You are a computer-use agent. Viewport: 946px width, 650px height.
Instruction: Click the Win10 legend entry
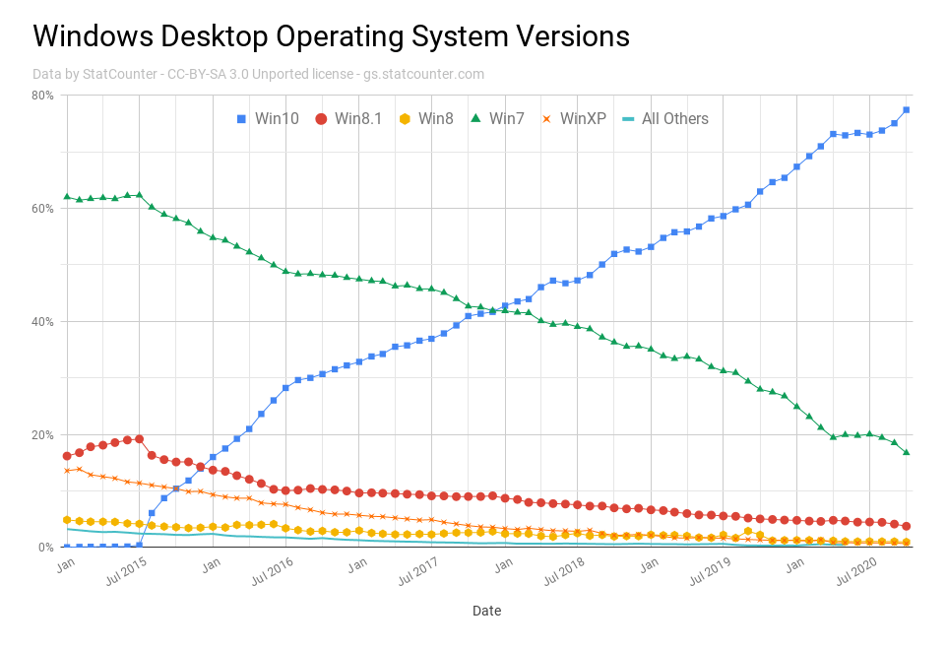click(x=269, y=119)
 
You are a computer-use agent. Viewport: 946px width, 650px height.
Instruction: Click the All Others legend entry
click(x=666, y=119)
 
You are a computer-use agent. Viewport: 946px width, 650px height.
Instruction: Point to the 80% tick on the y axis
click(x=42, y=96)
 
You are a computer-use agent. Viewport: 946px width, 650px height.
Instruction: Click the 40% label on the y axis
click(x=42, y=322)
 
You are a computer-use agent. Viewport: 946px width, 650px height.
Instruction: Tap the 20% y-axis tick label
click(x=42, y=435)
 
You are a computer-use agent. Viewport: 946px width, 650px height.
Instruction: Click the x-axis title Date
click(x=486, y=611)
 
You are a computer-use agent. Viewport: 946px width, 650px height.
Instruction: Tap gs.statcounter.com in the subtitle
click(x=423, y=74)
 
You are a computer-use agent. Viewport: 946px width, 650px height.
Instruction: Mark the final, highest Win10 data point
click(x=906, y=109)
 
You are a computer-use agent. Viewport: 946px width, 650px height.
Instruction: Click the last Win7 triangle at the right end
click(x=906, y=452)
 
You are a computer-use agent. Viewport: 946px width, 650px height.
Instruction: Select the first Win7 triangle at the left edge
click(x=67, y=196)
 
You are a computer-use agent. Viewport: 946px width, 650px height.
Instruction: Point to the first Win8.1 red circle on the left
click(x=67, y=456)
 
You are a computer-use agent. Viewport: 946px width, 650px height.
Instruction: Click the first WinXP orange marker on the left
click(x=67, y=470)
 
